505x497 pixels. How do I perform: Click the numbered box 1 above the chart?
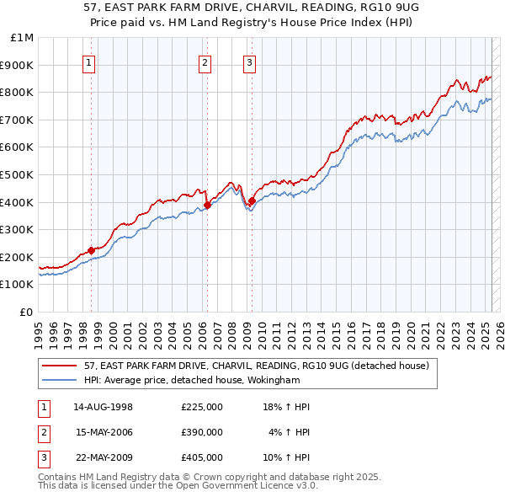tap(89, 61)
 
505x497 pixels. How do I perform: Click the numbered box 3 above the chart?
tap(250, 61)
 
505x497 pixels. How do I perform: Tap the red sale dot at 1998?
tap(92, 250)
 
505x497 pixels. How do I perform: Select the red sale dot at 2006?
tap(207, 205)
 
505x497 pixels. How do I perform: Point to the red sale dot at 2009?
tap(252, 200)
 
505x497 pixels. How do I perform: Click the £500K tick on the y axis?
tap(18, 174)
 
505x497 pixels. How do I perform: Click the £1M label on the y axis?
tap(23, 38)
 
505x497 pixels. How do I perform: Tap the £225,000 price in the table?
tap(202, 407)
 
